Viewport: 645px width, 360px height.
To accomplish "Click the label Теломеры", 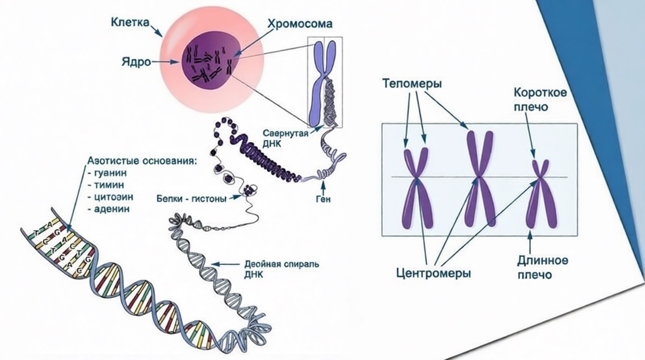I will (x=412, y=84).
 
